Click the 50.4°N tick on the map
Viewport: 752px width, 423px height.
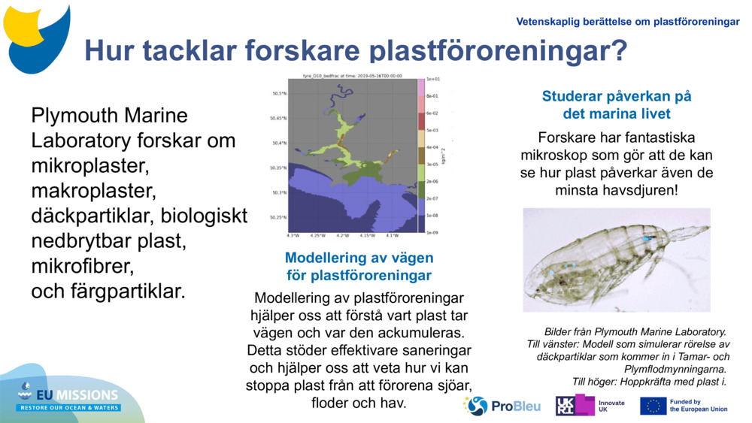click(279, 143)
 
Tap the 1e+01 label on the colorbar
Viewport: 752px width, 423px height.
click(433, 79)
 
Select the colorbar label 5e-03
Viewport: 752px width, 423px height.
click(433, 131)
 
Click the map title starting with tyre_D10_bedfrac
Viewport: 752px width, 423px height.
click(352, 75)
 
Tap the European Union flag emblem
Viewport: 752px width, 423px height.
click(653, 406)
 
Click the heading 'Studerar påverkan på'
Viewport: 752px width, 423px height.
click(616, 97)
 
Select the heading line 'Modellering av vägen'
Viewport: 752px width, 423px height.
click(358, 258)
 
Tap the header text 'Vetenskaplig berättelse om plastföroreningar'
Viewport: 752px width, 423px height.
click(627, 22)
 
